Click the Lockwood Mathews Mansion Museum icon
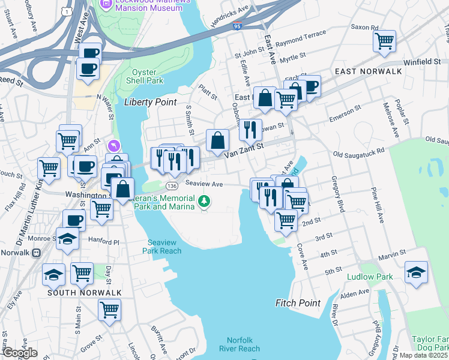pyautogui.click(x=106, y=4)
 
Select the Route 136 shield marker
pyautogui.click(x=172, y=186)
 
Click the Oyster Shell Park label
pyautogui.click(x=147, y=76)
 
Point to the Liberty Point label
pyautogui.click(x=150, y=102)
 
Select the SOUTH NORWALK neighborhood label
pyautogui.click(x=85, y=293)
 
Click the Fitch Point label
pyautogui.click(x=298, y=303)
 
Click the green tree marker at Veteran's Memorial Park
pyautogui.click(x=205, y=201)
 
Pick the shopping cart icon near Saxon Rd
pyautogui.click(x=384, y=41)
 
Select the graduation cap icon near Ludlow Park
pyautogui.click(x=416, y=272)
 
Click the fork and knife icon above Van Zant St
pyautogui.click(x=250, y=129)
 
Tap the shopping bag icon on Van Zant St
pyautogui.click(x=218, y=140)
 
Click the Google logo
pyautogui.click(x=19, y=353)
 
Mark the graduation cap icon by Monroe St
pyautogui.click(x=68, y=239)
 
